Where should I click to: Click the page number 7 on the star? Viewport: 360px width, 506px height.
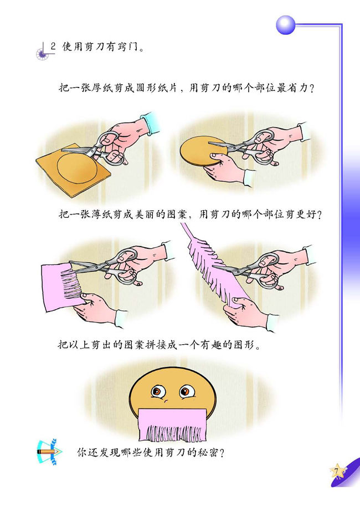point(336,472)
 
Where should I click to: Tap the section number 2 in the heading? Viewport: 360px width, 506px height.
point(53,46)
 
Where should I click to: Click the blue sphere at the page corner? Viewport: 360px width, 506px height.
point(285,24)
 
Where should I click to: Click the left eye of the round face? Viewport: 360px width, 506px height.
point(158,391)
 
